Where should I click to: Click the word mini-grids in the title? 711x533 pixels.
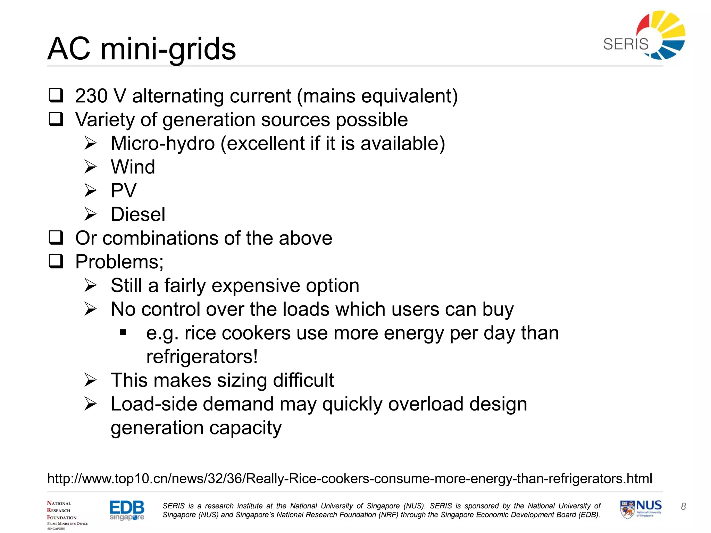pos(168,49)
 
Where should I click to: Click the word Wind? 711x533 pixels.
pos(133,167)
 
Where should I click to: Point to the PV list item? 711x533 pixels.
pos(124,191)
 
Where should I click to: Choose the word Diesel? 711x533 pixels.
pos(138,214)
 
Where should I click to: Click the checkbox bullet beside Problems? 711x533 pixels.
pos(56,261)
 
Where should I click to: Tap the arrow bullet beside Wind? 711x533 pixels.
pos(90,167)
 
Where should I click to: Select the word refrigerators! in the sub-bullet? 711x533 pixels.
pos(202,357)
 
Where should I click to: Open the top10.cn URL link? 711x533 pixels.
pos(350,479)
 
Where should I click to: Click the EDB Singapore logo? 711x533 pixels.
pos(127,510)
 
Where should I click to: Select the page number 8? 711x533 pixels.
pos(683,507)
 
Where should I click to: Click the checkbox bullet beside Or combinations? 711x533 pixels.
pos(56,238)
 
